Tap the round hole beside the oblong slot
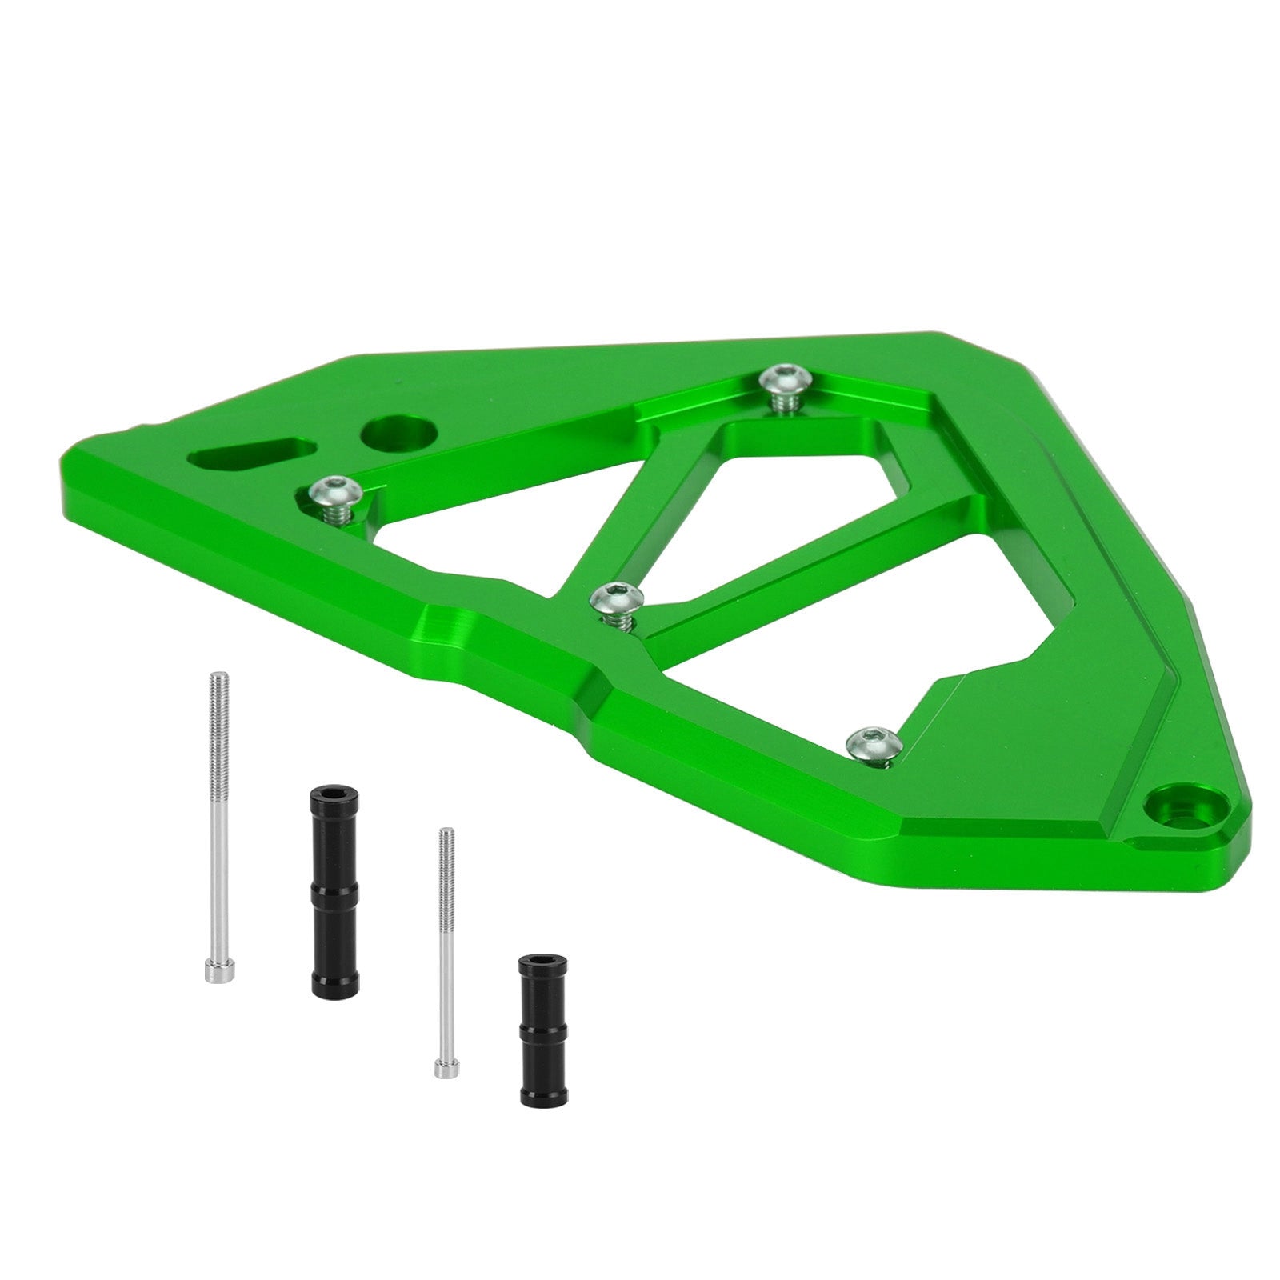pos(398,434)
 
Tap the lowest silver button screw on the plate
pos(874,742)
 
